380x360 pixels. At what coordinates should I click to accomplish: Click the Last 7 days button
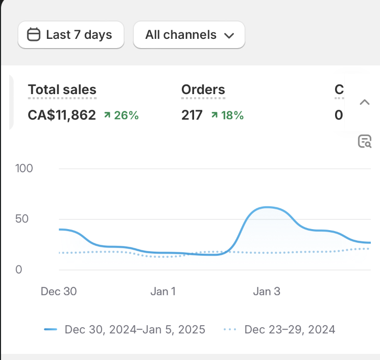(x=70, y=35)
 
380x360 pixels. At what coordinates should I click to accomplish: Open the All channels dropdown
(x=189, y=35)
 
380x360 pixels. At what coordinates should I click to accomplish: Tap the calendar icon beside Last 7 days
(x=34, y=35)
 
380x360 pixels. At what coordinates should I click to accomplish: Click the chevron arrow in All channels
(x=229, y=35)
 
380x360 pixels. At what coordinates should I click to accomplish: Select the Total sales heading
(x=62, y=90)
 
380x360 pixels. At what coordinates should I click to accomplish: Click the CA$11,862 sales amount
(x=62, y=115)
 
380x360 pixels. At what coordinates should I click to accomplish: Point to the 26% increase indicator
(x=121, y=116)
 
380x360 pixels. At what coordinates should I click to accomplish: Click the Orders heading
(x=203, y=90)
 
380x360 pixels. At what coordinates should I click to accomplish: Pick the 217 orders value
(x=192, y=115)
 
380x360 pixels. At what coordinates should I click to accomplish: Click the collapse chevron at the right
(x=364, y=102)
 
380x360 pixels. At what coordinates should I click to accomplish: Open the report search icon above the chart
(x=364, y=142)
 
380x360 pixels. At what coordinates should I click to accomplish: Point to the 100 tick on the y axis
(x=24, y=168)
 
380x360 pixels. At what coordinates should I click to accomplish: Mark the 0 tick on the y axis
(x=19, y=269)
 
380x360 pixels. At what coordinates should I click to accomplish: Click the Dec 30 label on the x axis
(x=58, y=291)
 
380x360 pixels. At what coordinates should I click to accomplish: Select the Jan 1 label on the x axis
(x=163, y=291)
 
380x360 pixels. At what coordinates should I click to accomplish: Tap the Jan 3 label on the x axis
(x=267, y=291)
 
